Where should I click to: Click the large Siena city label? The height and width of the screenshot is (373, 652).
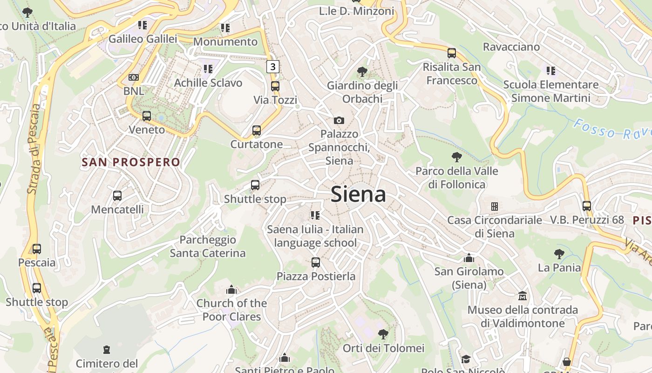[358, 194]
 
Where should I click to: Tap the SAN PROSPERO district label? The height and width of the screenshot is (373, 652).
[131, 162]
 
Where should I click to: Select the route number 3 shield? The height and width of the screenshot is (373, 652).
[272, 67]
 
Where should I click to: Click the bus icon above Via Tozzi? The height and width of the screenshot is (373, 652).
[275, 86]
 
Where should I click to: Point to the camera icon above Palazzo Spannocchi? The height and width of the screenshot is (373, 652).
[339, 121]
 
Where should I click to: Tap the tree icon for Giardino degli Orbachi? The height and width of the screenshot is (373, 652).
[362, 72]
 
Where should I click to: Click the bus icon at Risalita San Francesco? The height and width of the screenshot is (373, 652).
[451, 53]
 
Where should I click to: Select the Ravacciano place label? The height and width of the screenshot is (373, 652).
[511, 47]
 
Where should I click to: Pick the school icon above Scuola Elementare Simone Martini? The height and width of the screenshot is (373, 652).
[551, 71]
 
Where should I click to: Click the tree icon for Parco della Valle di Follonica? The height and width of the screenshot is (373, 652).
[456, 157]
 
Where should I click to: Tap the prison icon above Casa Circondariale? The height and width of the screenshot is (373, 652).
[494, 206]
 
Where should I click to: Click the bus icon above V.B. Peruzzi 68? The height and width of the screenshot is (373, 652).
[586, 206]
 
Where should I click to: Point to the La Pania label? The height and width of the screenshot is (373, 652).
[559, 268]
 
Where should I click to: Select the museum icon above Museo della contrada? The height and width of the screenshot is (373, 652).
[523, 296]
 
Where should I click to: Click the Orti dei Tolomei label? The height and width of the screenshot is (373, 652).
[383, 348]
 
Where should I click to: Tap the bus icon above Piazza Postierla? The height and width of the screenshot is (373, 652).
[316, 262]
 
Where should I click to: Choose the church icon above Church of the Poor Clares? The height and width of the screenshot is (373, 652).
[231, 290]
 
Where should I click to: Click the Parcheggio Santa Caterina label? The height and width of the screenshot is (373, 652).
[208, 247]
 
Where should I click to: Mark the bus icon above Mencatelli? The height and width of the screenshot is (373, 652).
[117, 196]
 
